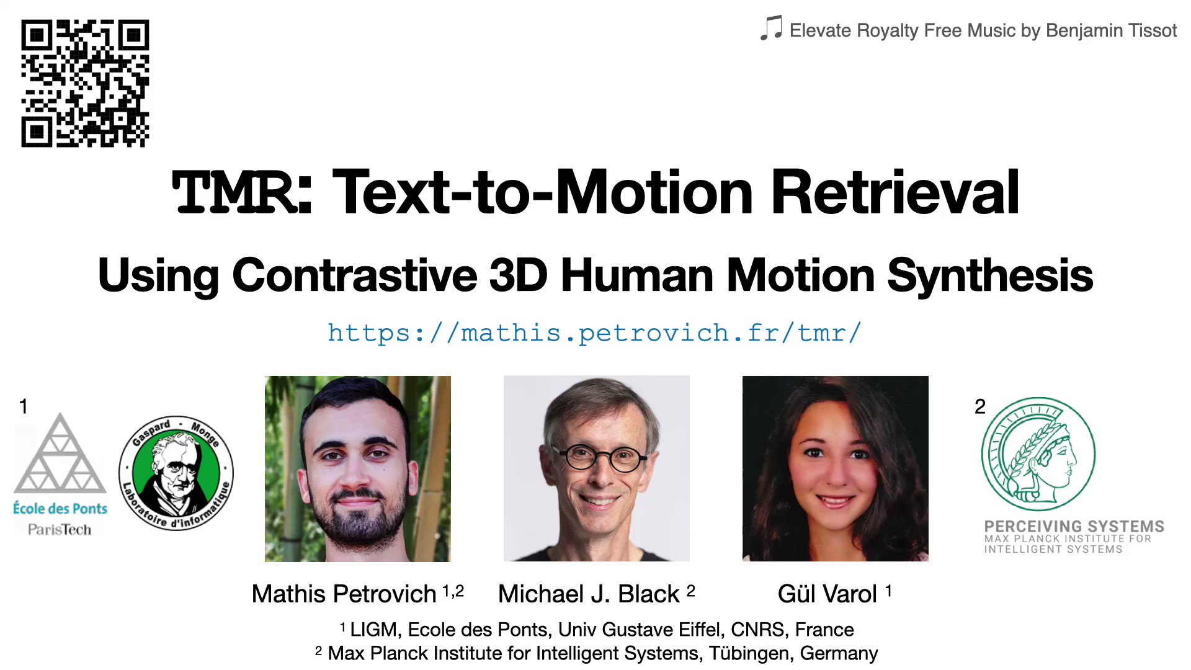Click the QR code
click(85, 83)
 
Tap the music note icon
click(771, 29)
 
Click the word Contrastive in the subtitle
click(354, 275)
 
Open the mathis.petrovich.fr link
click(594, 333)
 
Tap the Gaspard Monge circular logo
click(176, 473)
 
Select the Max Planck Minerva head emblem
click(1038, 453)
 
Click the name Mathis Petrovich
click(344, 594)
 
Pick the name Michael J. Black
click(589, 594)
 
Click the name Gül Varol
click(827, 594)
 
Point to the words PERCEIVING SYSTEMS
click(1074, 527)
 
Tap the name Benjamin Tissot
click(1111, 30)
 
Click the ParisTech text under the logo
click(60, 530)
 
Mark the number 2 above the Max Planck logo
click(980, 407)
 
